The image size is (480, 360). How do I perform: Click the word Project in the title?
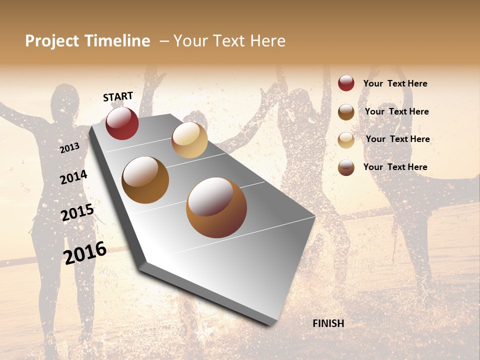click(52, 41)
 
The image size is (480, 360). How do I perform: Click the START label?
click(118, 96)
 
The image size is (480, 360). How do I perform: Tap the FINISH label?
click(328, 323)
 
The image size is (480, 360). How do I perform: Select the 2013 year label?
click(69, 148)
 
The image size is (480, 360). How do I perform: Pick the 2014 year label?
click(73, 177)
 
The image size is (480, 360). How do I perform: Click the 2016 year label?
click(85, 252)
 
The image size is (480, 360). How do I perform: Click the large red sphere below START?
click(122, 123)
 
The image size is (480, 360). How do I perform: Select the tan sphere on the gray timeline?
click(189, 140)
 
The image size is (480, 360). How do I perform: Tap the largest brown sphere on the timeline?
click(216, 207)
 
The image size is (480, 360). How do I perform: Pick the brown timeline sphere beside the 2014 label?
click(145, 180)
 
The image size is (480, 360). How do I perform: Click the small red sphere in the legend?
click(346, 83)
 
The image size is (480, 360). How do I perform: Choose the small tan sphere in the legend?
click(346, 140)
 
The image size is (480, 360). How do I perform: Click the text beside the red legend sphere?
click(395, 83)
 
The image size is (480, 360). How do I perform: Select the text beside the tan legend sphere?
click(397, 139)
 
